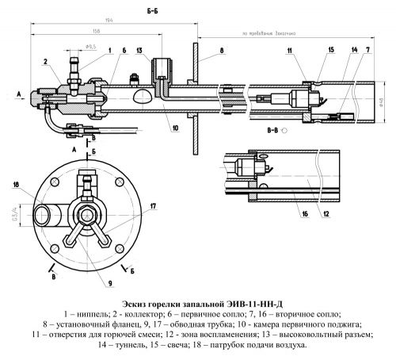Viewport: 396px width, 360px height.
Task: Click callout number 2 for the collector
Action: click(x=46, y=59)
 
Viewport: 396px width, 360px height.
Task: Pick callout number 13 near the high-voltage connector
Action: click(x=139, y=51)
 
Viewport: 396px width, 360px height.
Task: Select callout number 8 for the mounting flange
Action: click(x=222, y=51)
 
